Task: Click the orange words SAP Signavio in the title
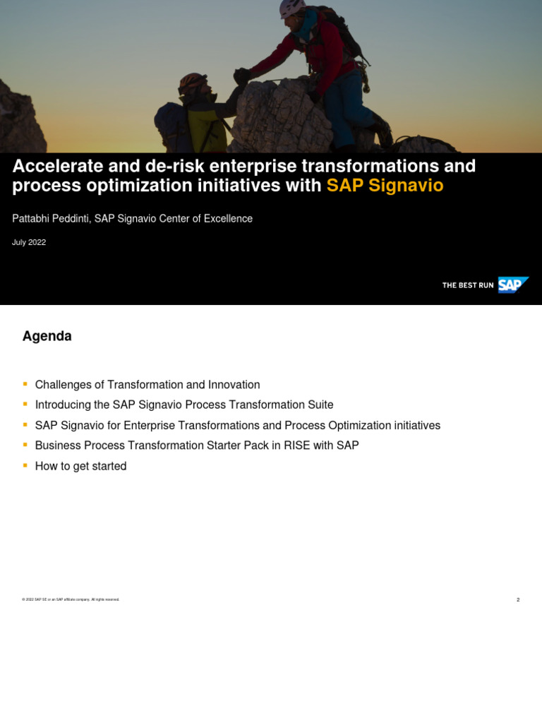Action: (x=385, y=186)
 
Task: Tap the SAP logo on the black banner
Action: (x=512, y=285)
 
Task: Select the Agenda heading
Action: (x=47, y=336)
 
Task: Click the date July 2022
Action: (x=29, y=242)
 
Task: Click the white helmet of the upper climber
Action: (x=290, y=8)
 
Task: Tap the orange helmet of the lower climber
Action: (x=191, y=82)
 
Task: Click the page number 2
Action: (x=518, y=599)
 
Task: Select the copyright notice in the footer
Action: (x=71, y=599)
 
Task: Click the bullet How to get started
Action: (x=80, y=466)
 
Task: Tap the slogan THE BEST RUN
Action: (x=467, y=285)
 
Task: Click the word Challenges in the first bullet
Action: (x=64, y=385)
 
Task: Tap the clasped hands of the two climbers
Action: (x=241, y=75)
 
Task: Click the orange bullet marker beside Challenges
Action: (x=25, y=384)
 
